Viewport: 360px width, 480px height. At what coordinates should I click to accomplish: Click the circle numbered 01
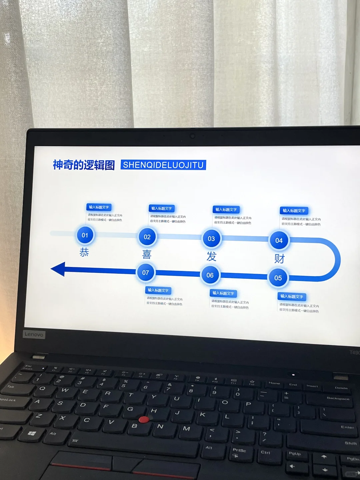pyautogui.click(x=85, y=235)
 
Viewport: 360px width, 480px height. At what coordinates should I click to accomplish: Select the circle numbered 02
pyautogui.click(x=147, y=237)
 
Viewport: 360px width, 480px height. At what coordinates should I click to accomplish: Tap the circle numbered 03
pyautogui.click(x=211, y=239)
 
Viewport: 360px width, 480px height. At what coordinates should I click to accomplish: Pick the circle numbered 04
pyautogui.click(x=279, y=241)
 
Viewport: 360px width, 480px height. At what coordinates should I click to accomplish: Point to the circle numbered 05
pyautogui.click(x=278, y=278)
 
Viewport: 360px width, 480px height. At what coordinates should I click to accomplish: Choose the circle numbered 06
pyautogui.click(x=210, y=275)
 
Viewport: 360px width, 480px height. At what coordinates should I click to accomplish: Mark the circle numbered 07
pyautogui.click(x=146, y=273)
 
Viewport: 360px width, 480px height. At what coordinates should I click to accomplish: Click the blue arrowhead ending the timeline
pyautogui.click(x=58, y=269)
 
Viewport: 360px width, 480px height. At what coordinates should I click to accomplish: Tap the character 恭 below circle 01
pyautogui.click(x=84, y=252)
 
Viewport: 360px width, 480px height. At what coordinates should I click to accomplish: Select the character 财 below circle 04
pyautogui.click(x=279, y=259)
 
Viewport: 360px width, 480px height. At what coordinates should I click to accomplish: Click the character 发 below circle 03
pyautogui.click(x=211, y=257)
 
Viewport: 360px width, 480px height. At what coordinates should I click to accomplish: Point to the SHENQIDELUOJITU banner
pyautogui.click(x=163, y=165)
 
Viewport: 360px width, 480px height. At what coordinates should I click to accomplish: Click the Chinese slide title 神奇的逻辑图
pyautogui.click(x=84, y=165)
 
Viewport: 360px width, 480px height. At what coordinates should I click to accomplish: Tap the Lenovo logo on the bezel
pyautogui.click(x=34, y=334)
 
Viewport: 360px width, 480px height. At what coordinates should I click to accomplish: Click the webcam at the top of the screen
pyautogui.click(x=192, y=136)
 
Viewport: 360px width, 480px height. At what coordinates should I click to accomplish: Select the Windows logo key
pyautogui.click(x=32, y=434)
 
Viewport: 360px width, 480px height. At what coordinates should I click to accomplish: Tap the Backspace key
pyautogui.click(x=338, y=399)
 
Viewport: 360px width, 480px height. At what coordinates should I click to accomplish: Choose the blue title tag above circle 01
pyautogui.click(x=99, y=207)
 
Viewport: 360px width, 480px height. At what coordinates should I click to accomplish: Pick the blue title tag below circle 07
pyautogui.click(x=158, y=290)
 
